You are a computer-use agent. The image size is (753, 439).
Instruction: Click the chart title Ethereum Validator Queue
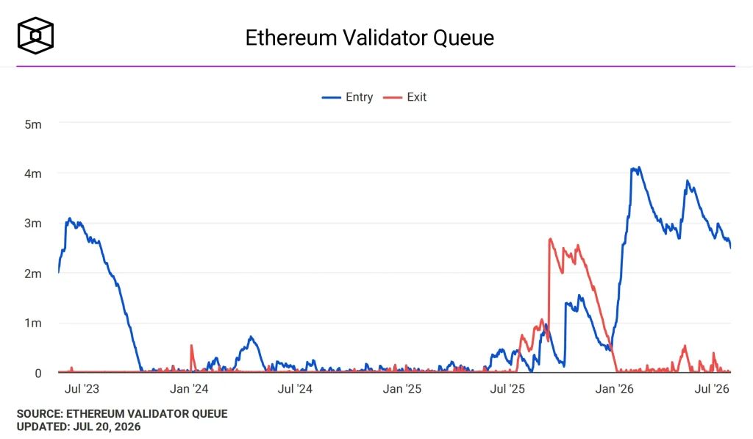tap(369, 38)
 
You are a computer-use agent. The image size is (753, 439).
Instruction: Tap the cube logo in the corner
tap(35, 35)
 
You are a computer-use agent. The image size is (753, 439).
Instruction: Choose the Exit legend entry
tap(405, 97)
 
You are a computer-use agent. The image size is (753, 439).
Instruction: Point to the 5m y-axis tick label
tap(33, 124)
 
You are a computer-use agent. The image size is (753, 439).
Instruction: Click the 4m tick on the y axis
tap(33, 174)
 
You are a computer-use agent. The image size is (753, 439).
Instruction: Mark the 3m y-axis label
tap(33, 223)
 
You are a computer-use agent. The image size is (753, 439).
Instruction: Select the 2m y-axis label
tap(33, 274)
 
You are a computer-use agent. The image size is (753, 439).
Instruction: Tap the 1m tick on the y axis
tap(33, 323)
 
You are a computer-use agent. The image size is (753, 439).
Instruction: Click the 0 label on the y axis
tap(38, 374)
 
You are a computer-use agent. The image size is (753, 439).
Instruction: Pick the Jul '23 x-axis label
tap(82, 388)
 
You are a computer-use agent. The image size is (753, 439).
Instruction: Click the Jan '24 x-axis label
tap(189, 388)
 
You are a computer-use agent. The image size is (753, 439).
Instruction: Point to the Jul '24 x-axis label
tap(295, 388)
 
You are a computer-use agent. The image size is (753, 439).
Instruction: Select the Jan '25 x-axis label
tap(402, 388)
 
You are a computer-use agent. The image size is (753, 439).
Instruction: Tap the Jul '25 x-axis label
tap(507, 388)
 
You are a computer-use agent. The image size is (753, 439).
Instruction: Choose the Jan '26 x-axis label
tap(614, 388)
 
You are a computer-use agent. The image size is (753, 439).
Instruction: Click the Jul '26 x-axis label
tap(712, 388)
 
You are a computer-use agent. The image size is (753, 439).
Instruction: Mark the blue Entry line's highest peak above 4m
tap(639, 168)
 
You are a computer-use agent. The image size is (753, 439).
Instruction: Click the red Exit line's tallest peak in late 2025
tap(550, 239)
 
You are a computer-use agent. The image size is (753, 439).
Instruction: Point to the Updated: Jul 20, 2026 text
tap(79, 426)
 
